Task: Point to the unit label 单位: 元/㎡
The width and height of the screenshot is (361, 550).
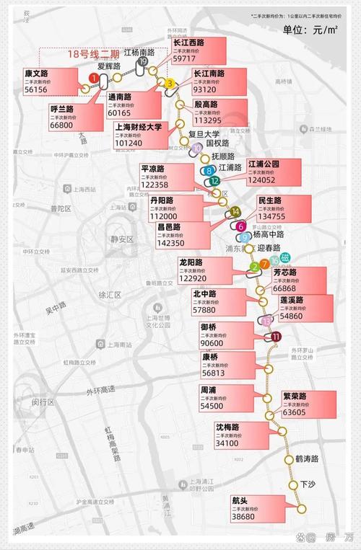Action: point(311,30)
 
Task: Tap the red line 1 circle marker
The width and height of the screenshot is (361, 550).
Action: point(93,78)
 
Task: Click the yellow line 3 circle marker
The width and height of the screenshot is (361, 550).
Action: point(169,84)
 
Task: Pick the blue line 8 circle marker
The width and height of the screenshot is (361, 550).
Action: point(209,172)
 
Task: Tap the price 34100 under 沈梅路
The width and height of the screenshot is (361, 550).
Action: point(227,443)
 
